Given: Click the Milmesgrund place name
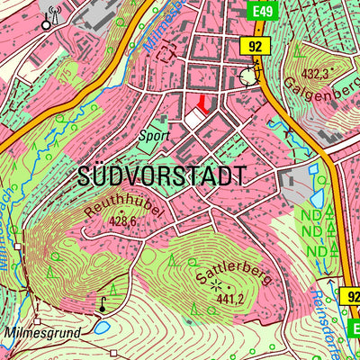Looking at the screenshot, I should pyautogui.click(x=40, y=332).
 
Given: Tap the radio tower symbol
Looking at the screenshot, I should pyautogui.click(x=52, y=17).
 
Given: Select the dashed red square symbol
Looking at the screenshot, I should pyautogui.click(x=165, y=53).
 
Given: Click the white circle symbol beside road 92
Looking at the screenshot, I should pyautogui.click(x=248, y=77).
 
